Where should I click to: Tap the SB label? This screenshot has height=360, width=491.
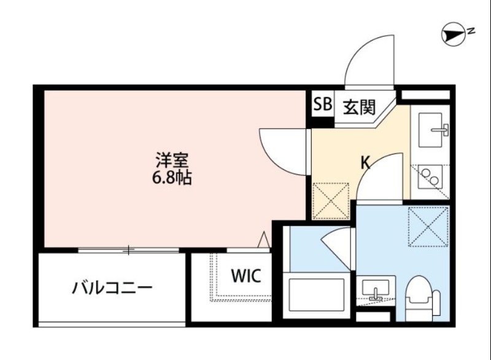pos(322,106)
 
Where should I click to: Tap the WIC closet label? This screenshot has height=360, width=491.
pos(245,276)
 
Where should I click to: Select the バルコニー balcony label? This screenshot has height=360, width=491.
pos(112,287)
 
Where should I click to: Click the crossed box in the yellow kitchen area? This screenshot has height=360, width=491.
pos(331,200)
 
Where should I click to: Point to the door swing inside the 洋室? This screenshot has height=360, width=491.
pos(284,151)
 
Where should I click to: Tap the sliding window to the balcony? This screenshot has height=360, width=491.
pos(129,250)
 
